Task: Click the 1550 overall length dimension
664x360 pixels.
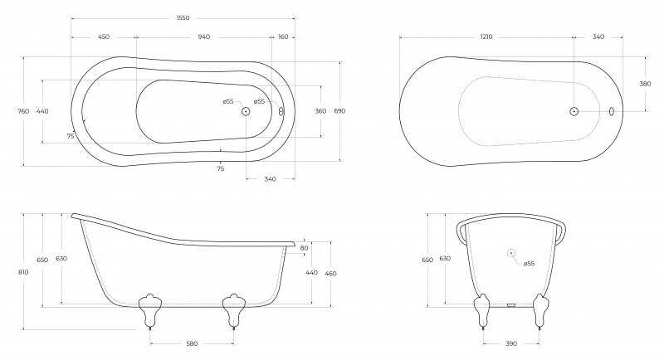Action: pos(183,17)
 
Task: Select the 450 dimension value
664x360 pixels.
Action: pos(104,36)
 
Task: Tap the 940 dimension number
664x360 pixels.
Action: pos(204,36)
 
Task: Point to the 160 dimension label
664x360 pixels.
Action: pos(283,36)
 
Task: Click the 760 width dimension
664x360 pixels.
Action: pos(24,111)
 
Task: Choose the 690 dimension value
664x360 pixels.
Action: pos(339,111)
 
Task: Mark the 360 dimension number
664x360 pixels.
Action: pos(320,111)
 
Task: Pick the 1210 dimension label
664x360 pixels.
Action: pos(486,36)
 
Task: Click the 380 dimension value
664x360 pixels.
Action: pos(645,84)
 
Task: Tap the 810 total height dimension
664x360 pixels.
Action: pos(23,272)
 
